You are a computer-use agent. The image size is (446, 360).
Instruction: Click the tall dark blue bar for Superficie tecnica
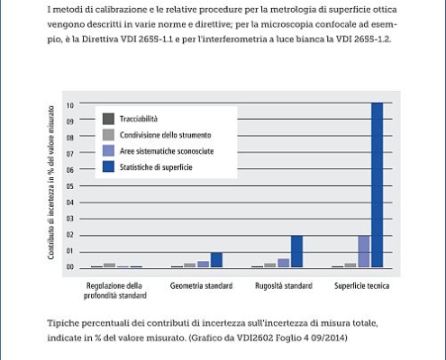pyautogui.click(x=378, y=184)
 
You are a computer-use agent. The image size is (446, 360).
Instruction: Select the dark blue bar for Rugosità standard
pyautogui.click(x=296, y=251)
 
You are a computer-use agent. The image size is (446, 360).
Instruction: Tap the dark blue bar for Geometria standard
pyautogui.click(x=216, y=260)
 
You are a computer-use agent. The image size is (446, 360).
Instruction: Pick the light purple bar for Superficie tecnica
pyautogui.click(x=364, y=251)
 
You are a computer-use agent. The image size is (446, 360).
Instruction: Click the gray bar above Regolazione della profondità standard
pyautogui.click(x=109, y=265)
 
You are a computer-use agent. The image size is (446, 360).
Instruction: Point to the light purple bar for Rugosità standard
pyautogui.click(x=284, y=263)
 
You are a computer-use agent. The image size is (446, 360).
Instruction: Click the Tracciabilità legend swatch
pyautogui.click(x=108, y=119)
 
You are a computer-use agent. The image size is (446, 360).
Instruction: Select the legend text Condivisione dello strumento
pyautogui.click(x=166, y=135)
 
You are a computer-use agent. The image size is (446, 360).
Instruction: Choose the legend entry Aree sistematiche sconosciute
pyautogui.click(x=167, y=151)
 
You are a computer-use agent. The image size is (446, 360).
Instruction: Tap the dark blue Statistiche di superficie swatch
pyautogui.click(x=108, y=166)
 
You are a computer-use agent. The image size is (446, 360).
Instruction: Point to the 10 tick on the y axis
pyautogui.click(x=70, y=105)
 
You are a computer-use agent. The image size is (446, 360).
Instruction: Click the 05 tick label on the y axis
pyautogui.click(x=70, y=186)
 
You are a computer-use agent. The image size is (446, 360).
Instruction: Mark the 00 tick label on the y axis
pyautogui.click(x=70, y=267)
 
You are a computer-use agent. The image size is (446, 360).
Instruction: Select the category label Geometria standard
pyautogui.click(x=201, y=286)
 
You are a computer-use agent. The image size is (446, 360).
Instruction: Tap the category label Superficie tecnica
pyautogui.click(x=362, y=286)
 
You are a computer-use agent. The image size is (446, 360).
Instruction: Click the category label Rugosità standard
pyautogui.click(x=284, y=286)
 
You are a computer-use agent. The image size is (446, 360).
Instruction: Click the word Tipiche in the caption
pyautogui.click(x=63, y=323)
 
